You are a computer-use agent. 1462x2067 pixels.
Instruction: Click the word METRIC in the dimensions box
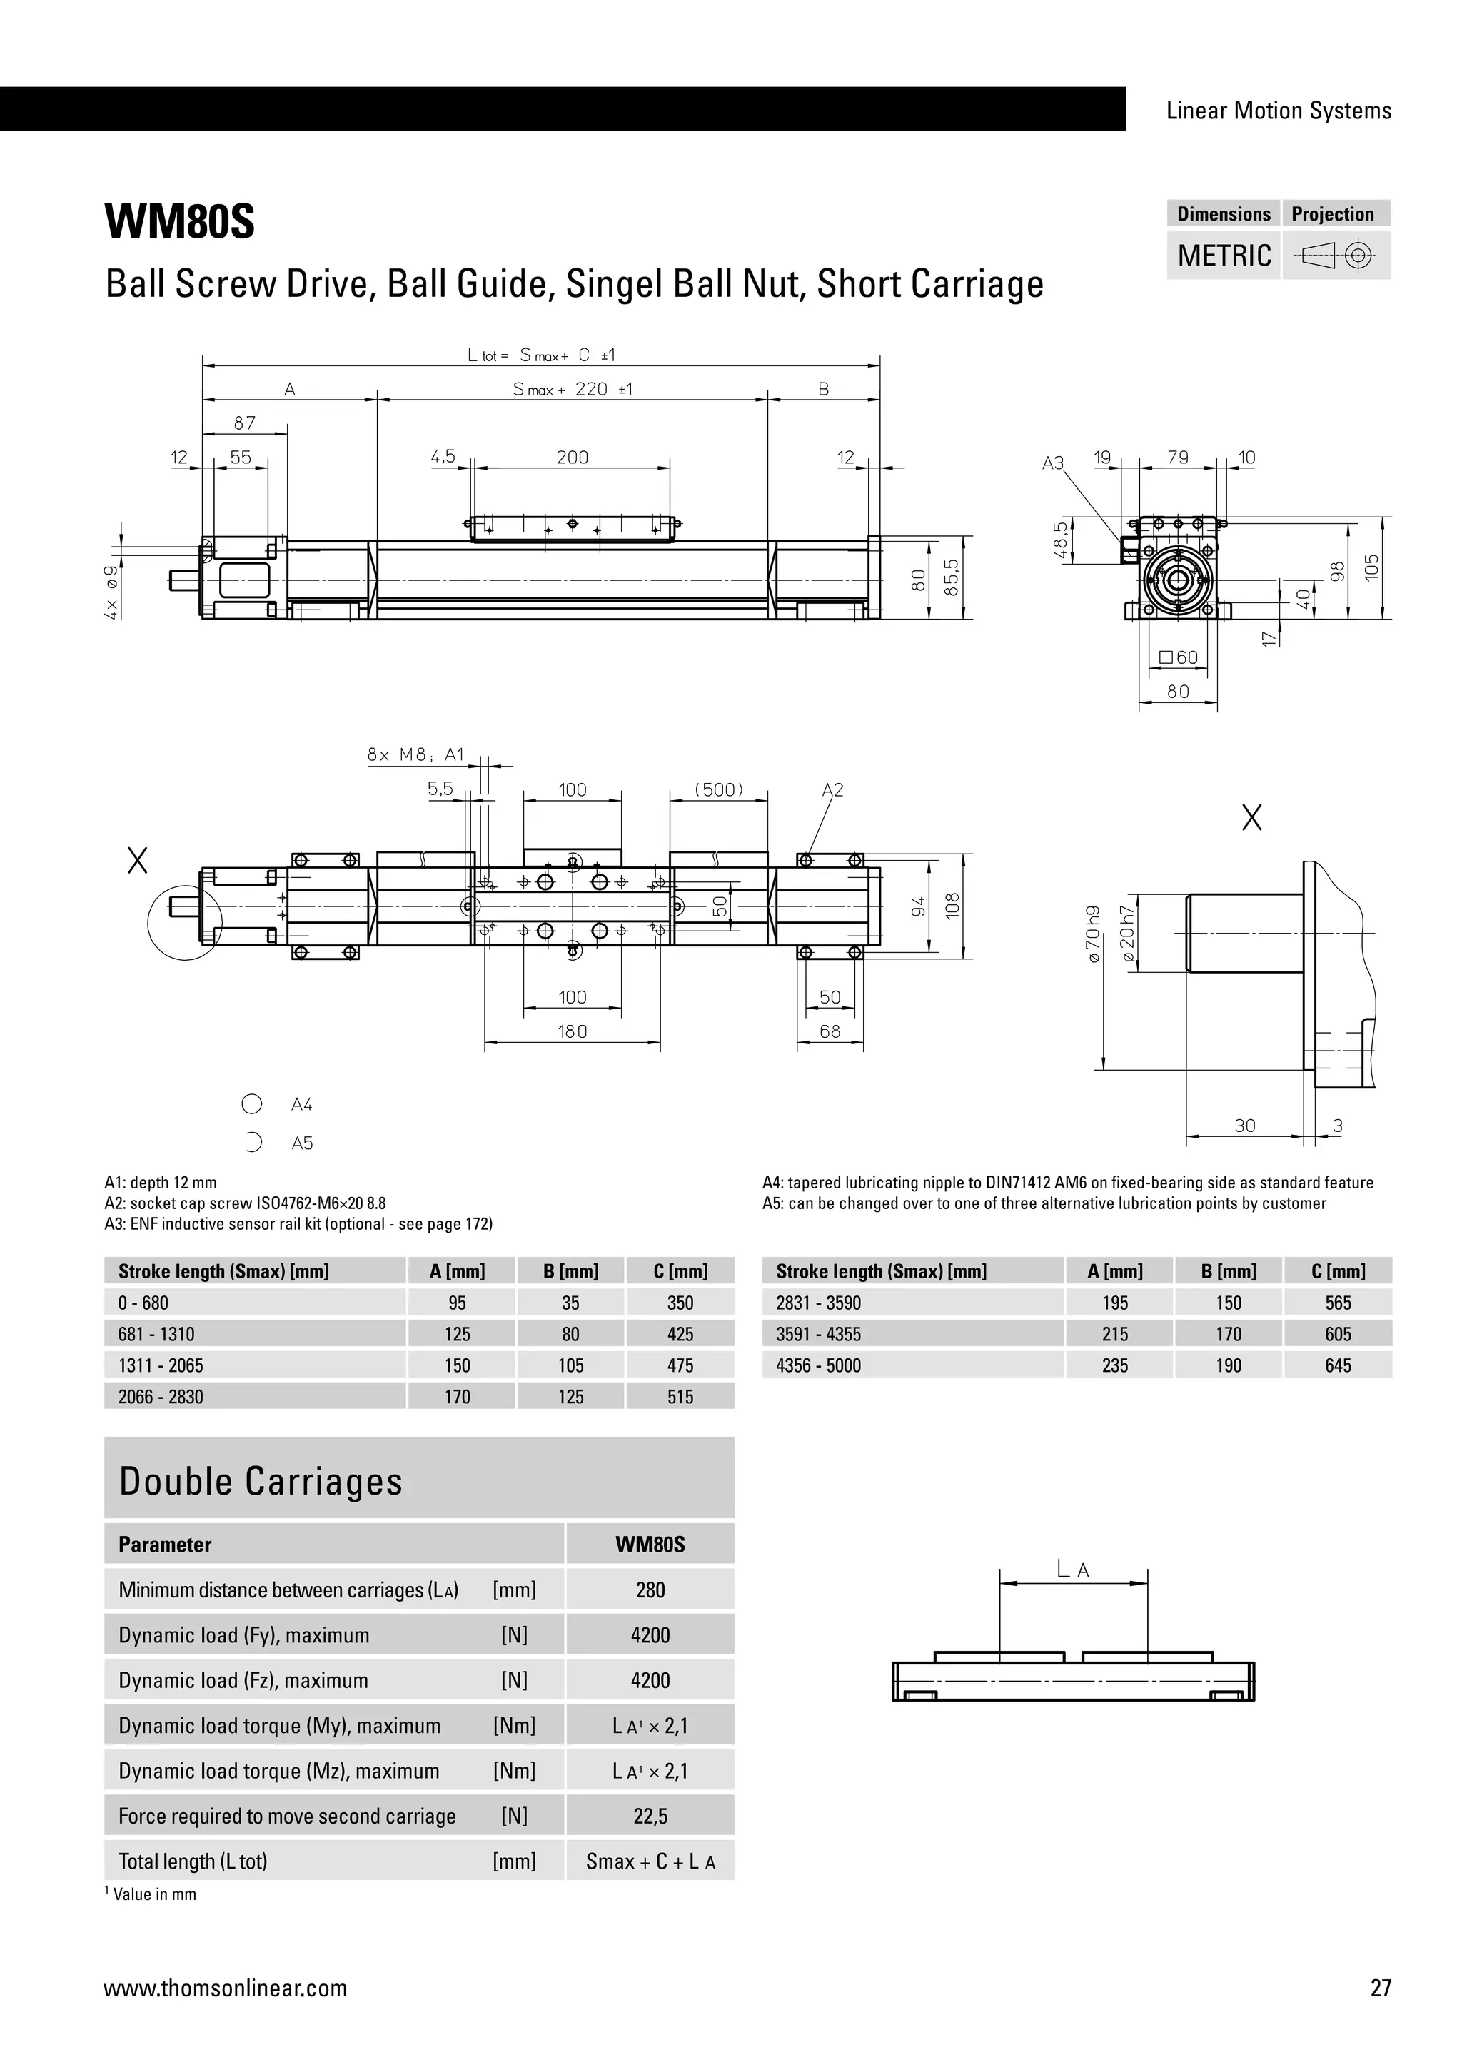click(x=1224, y=256)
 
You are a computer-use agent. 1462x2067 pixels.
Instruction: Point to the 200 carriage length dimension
click(x=572, y=458)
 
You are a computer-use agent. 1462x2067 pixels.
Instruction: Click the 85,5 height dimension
click(x=952, y=577)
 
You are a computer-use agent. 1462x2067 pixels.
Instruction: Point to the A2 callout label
click(x=833, y=789)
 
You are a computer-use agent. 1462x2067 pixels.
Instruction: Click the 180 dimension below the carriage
click(x=572, y=1031)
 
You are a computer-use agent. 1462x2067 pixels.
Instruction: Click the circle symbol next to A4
click(x=252, y=1103)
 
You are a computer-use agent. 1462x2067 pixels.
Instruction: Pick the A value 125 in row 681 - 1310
click(x=458, y=1334)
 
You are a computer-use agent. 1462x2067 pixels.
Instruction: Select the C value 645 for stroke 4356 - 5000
click(x=1338, y=1365)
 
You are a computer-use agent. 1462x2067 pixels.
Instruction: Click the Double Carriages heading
click(x=261, y=1482)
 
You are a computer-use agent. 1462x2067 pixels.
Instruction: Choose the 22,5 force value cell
click(x=650, y=1816)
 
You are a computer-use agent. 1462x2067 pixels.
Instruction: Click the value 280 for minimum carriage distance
click(x=650, y=1590)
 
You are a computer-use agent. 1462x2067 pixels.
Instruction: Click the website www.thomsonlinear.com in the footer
click(x=225, y=1988)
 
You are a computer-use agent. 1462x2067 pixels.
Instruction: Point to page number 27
click(x=1380, y=1988)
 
